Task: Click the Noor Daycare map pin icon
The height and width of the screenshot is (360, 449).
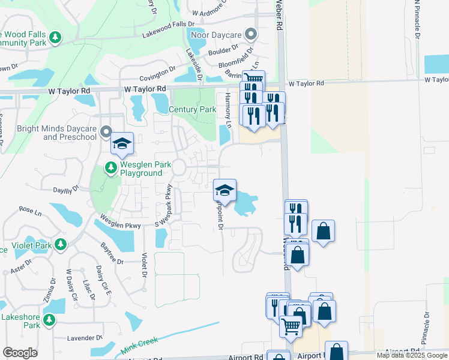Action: pos(251,34)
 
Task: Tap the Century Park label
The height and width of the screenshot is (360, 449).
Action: pos(192,110)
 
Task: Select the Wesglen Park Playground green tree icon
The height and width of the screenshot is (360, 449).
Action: pos(111,167)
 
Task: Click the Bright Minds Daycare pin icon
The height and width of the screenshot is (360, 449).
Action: pos(106,131)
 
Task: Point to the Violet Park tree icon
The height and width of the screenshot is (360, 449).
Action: pos(61,245)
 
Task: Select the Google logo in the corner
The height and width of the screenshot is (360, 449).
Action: pos(20,353)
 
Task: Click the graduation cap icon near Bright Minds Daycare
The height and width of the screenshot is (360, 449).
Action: pos(122,143)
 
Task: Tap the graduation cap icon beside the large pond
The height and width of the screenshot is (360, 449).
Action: pos(225,190)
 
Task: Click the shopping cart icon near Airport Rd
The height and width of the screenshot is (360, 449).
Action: pos(291,327)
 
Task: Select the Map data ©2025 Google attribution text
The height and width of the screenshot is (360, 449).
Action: pos(412,355)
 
